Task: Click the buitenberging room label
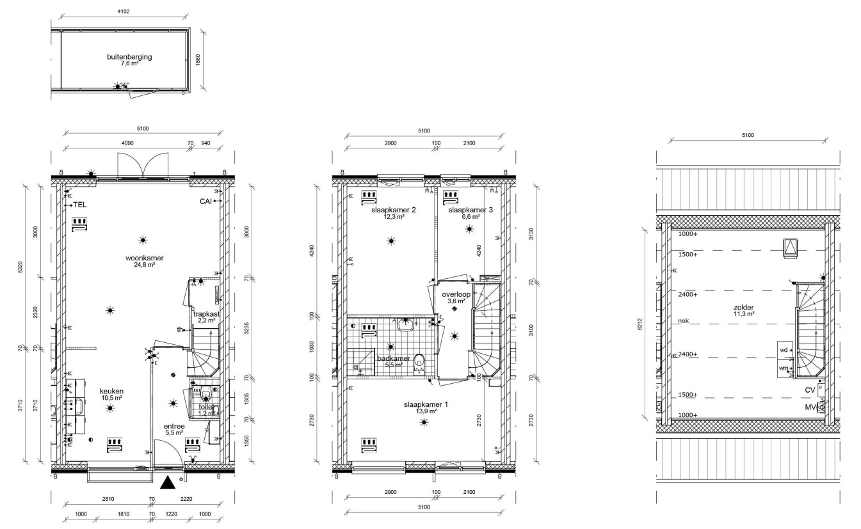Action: [129, 57]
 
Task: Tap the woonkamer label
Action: [145, 258]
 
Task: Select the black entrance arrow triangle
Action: [168, 482]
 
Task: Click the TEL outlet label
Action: [80, 205]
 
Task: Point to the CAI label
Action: [205, 201]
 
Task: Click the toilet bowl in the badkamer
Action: [419, 364]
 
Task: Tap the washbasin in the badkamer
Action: [405, 325]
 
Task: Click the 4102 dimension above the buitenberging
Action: [124, 12]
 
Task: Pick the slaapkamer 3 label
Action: [471, 210]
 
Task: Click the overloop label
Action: [456, 295]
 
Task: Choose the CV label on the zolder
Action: [810, 390]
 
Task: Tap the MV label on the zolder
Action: [810, 407]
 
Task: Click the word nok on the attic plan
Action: [684, 320]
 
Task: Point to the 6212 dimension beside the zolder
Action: [640, 324]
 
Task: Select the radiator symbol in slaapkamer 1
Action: [369, 445]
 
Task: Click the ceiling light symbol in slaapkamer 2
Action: [391, 241]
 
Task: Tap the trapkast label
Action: [206, 314]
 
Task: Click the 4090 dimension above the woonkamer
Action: [127, 143]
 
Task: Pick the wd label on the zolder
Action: [784, 350]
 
